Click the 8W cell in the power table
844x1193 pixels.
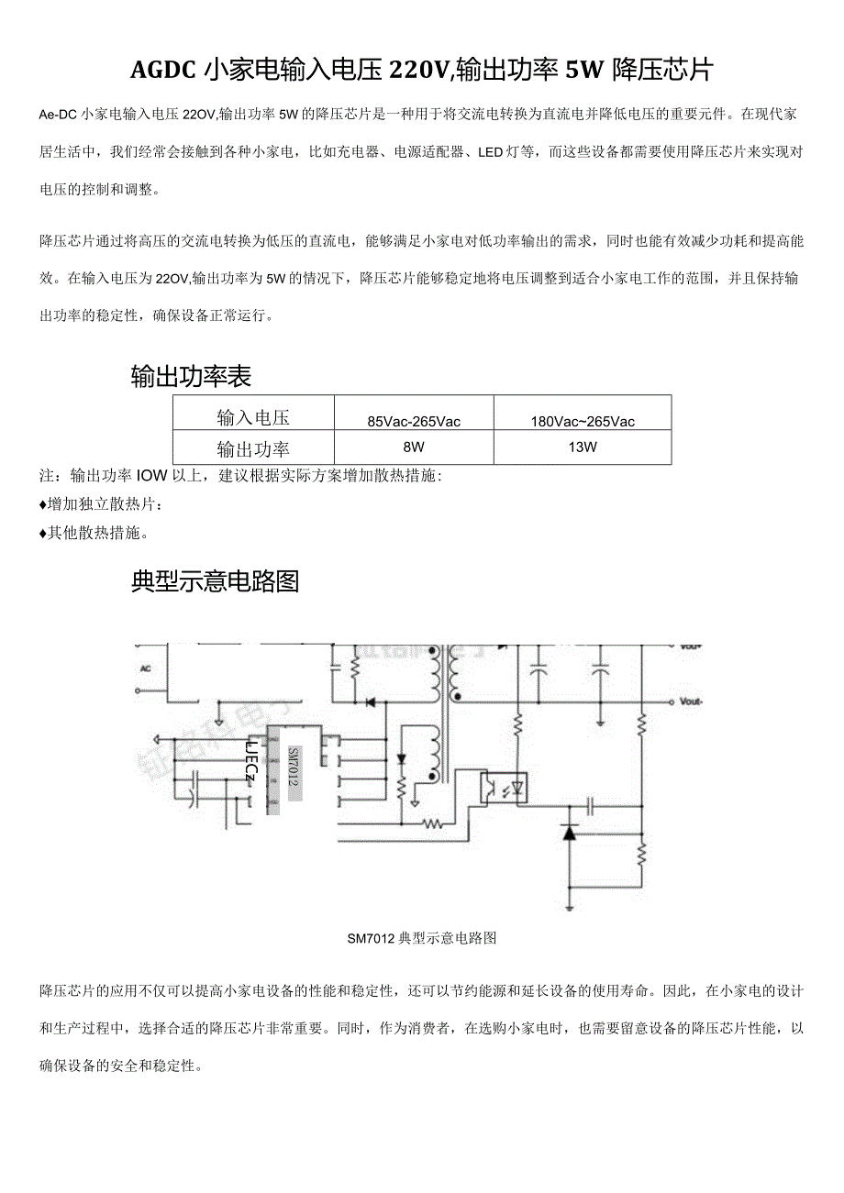(414, 448)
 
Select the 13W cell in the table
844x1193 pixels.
(583, 448)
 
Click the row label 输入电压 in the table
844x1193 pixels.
(253, 418)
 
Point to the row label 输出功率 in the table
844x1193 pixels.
(253, 449)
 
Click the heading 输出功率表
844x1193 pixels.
(191, 377)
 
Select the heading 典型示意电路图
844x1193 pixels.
(216, 581)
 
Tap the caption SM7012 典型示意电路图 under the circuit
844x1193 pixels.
(422, 938)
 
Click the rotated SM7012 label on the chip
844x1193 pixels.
(294, 767)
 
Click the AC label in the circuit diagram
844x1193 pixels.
(144, 668)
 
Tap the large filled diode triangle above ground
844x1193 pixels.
(570, 834)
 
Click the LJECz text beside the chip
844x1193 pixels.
(250, 760)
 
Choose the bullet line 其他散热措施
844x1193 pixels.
(95, 533)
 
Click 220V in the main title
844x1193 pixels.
(420, 70)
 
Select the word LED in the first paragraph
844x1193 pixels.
(490, 152)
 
